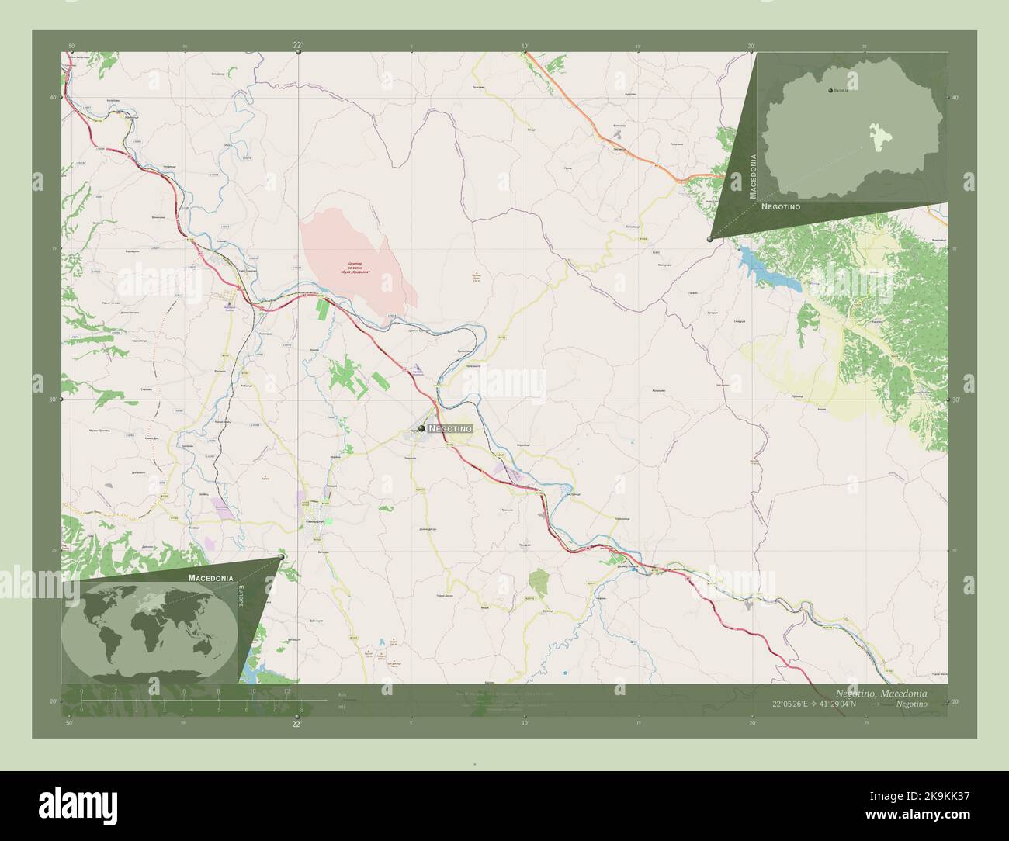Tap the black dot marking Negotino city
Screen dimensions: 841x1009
421,428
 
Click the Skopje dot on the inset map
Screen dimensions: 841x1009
830,92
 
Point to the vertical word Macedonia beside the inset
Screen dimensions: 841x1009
752,176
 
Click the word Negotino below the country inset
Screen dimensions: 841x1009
781,208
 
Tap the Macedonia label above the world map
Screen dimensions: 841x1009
210,578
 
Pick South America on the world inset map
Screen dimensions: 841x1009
114,643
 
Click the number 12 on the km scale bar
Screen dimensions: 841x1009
286,691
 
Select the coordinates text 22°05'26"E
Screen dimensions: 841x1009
794,704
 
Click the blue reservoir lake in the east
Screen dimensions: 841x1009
768,268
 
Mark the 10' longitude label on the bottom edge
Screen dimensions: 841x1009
525,723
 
